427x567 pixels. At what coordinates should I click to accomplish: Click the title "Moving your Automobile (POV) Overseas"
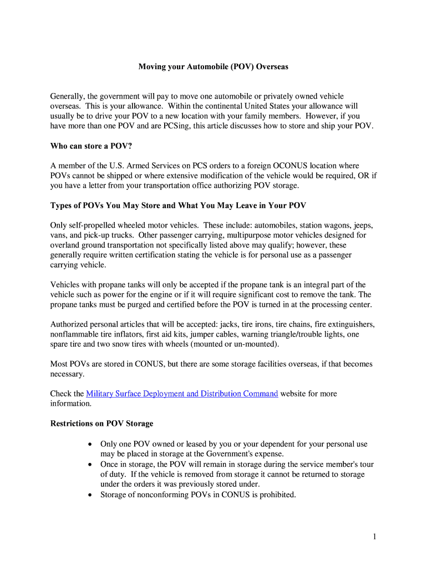pos(213,66)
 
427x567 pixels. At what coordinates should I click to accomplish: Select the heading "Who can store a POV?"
pos(91,146)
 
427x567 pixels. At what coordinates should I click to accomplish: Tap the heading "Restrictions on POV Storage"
pos(101,424)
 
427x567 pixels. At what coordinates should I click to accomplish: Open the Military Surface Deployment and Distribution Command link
pos(182,394)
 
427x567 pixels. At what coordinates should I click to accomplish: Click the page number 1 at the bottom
pos(375,537)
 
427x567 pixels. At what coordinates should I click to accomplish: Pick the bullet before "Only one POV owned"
pos(90,445)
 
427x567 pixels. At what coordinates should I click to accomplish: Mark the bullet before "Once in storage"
pos(90,465)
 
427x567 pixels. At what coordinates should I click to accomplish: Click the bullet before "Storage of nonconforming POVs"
pos(90,494)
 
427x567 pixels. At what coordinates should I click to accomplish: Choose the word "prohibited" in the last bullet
pos(277,494)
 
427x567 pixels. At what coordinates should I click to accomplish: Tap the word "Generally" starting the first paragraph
pos(67,96)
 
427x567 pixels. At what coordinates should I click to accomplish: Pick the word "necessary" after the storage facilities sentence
pos(67,374)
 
